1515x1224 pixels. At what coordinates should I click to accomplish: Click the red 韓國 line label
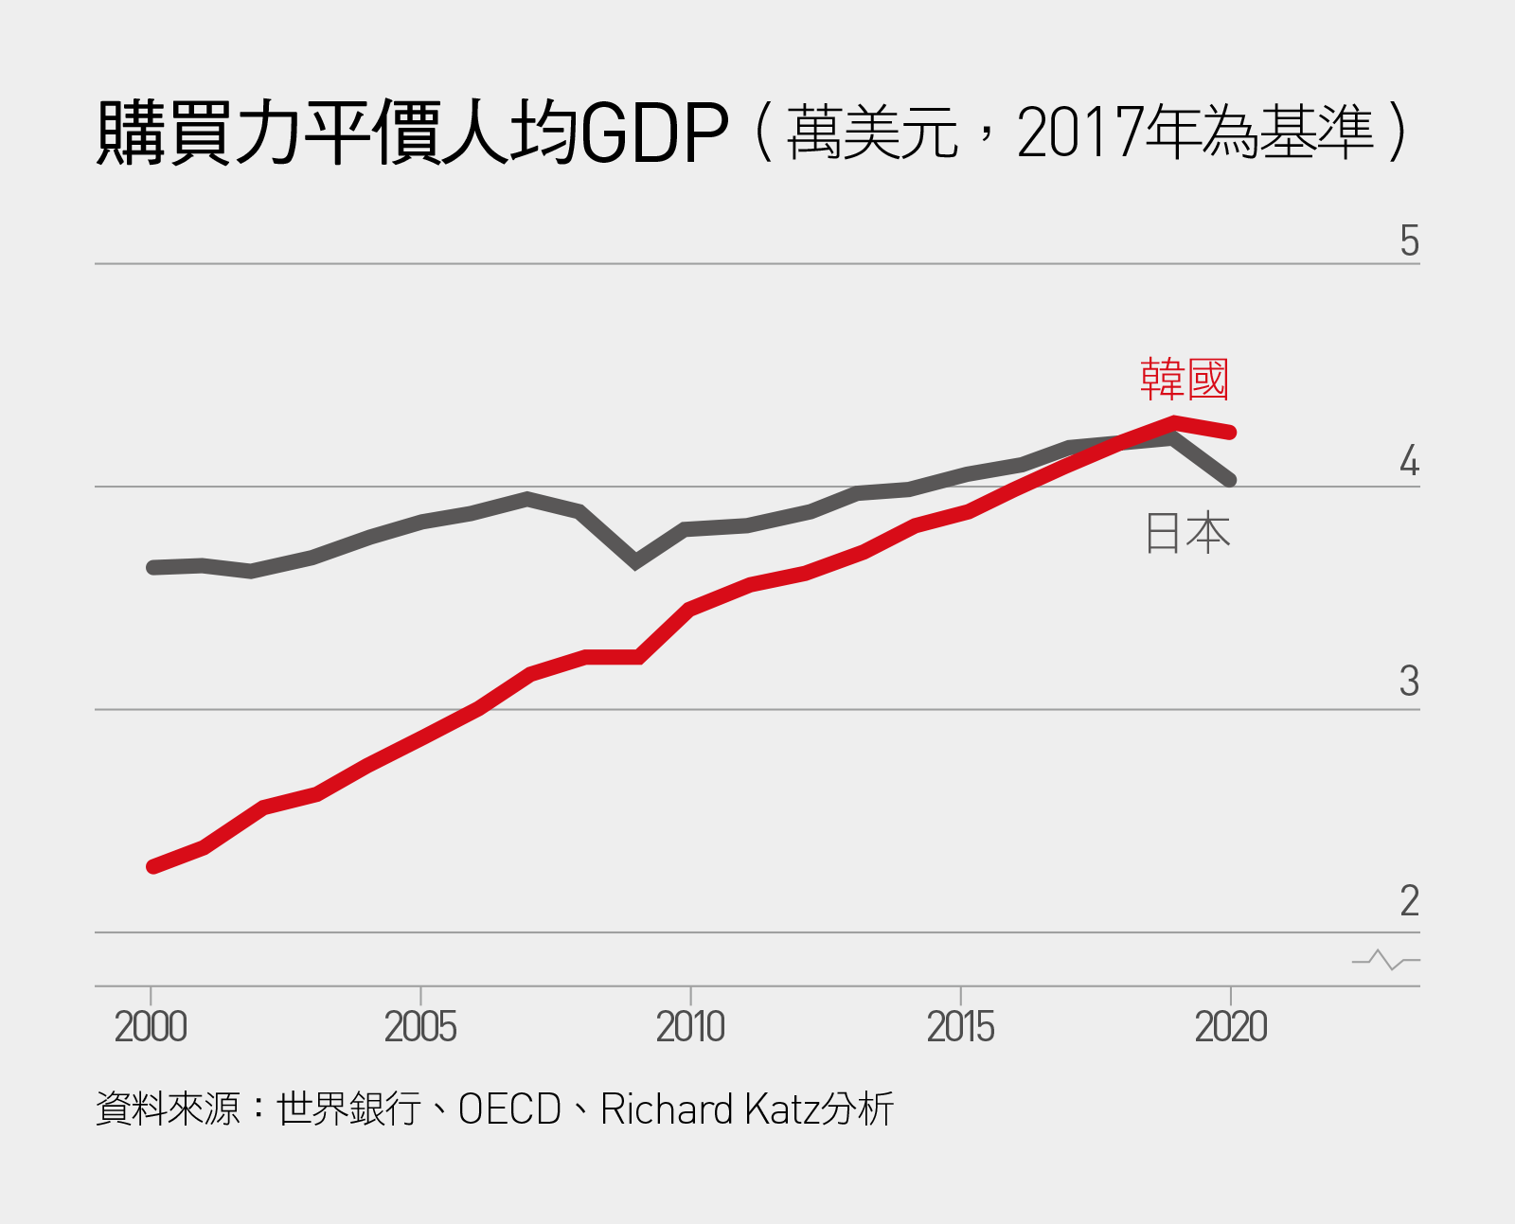coord(1184,380)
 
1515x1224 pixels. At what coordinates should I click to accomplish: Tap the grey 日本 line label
coord(1187,533)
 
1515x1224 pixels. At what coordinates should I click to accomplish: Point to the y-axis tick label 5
coord(1409,241)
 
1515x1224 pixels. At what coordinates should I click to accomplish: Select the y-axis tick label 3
coord(1409,682)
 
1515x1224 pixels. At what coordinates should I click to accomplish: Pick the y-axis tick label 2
coord(1409,901)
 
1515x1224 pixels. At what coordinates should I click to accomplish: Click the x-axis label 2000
coord(151,1027)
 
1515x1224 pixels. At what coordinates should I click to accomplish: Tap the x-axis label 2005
coord(420,1027)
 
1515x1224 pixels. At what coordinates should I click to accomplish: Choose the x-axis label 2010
coord(690,1027)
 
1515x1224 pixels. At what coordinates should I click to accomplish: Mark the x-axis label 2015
coord(960,1027)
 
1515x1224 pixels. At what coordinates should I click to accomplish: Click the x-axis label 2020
coord(1230,1027)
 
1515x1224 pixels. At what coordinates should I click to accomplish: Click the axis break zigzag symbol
coord(1386,960)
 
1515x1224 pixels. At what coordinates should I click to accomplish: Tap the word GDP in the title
coord(654,133)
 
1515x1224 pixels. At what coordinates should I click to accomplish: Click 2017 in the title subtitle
coord(1079,133)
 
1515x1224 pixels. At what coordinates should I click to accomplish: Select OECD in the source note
coord(509,1109)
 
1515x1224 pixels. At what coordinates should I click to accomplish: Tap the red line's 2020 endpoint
coord(1230,433)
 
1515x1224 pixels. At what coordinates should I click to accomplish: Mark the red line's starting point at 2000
coord(152,866)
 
